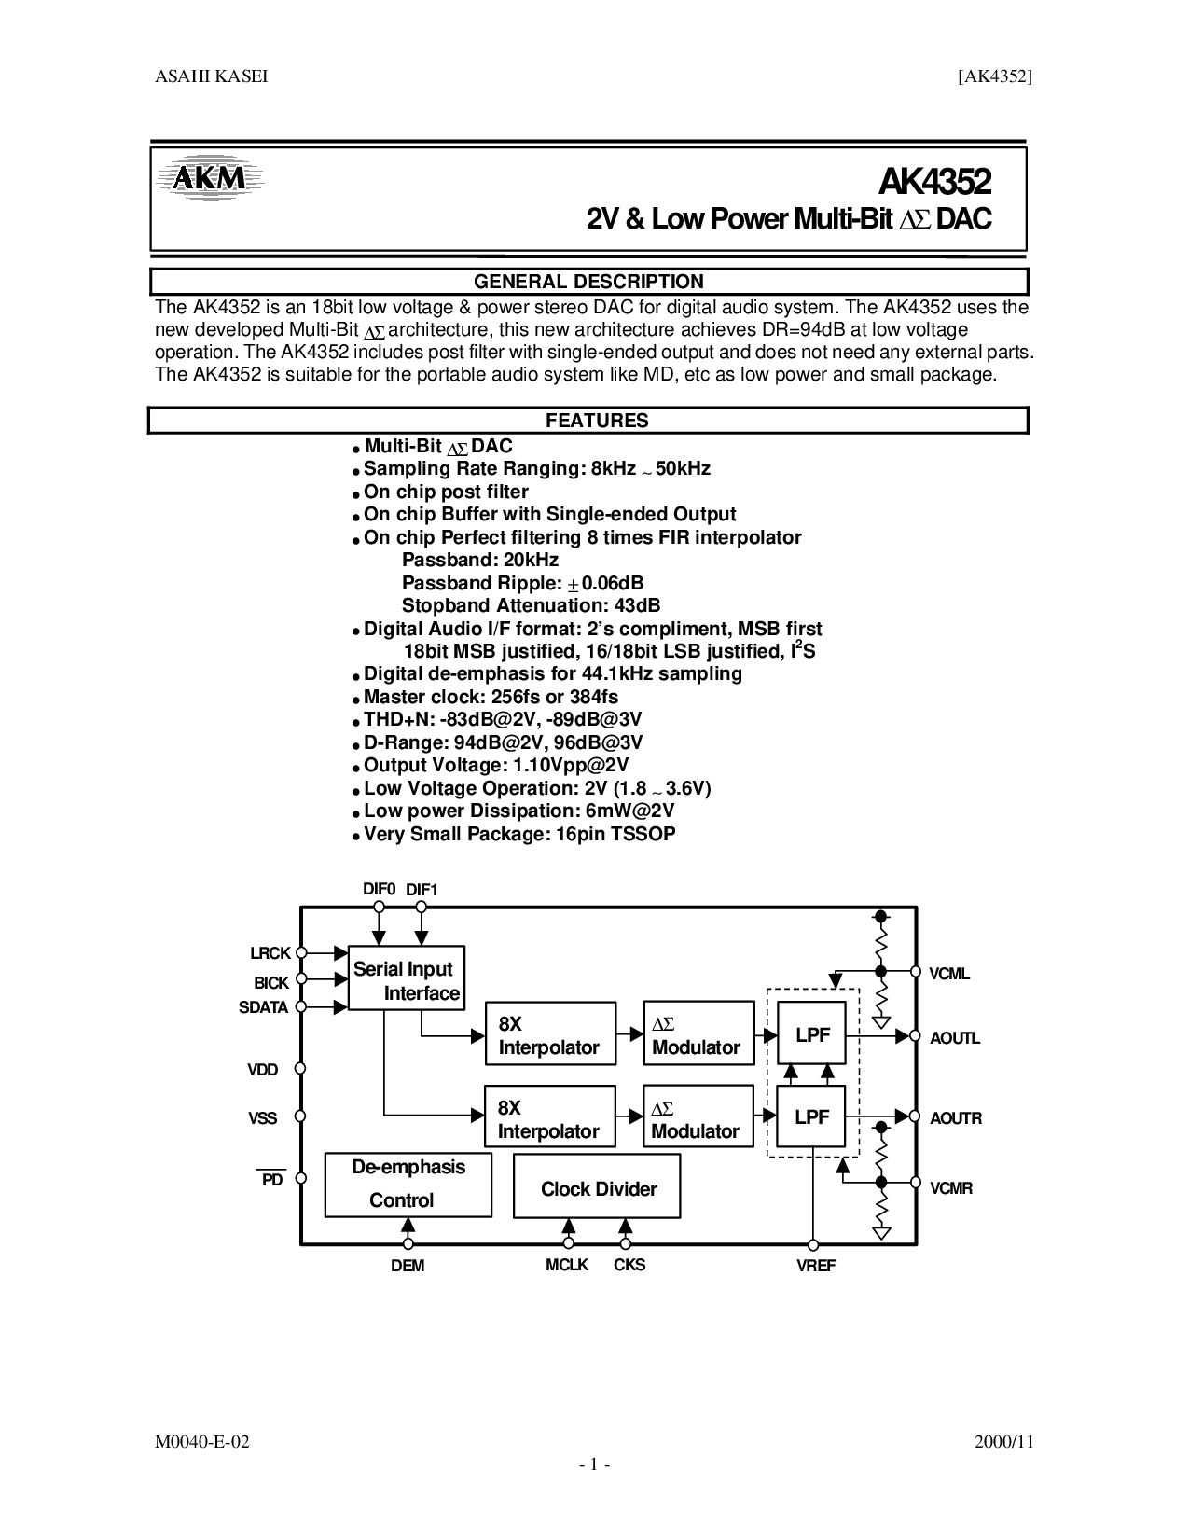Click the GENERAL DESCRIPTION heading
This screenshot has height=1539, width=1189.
pos(588,282)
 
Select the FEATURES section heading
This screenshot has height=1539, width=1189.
pos(597,421)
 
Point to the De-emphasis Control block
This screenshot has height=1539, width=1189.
pos(408,1184)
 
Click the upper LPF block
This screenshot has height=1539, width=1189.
pos(811,1033)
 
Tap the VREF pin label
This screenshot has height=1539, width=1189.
pos(816,1266)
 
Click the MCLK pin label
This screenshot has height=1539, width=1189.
pos(567,1265)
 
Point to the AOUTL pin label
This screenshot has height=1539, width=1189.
pos(955,1038)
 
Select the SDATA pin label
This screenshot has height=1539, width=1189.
pos(264,1007)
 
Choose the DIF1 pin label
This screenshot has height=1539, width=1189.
pos(422,890)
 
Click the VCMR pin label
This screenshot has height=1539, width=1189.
pos(950,1188)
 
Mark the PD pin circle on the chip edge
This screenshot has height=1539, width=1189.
pos(300,1179)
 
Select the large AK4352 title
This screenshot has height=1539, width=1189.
pos(933,179)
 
